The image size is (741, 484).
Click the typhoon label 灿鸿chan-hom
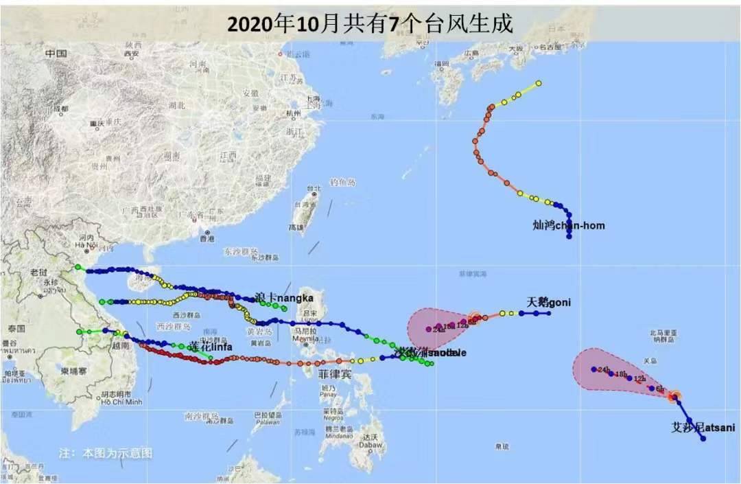tap(569, 225)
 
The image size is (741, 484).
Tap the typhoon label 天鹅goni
tap(548, 302)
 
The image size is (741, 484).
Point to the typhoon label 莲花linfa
tap(211, 347)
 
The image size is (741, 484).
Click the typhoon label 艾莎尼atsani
tap(703, 428)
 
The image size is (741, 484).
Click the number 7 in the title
tap(393, 24)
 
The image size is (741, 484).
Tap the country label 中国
tap(56, 54)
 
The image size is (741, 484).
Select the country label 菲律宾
tap(335, 375)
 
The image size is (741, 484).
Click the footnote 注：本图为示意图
tap(105, 453)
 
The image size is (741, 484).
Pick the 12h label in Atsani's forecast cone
tap(640, 379)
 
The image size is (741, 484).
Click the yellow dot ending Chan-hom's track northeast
tap(539, 83)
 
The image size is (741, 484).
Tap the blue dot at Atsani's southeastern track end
tap(703, 438)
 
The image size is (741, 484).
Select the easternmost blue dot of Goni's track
tap(549, 313)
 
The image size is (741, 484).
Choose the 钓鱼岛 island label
tap(342, 182)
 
